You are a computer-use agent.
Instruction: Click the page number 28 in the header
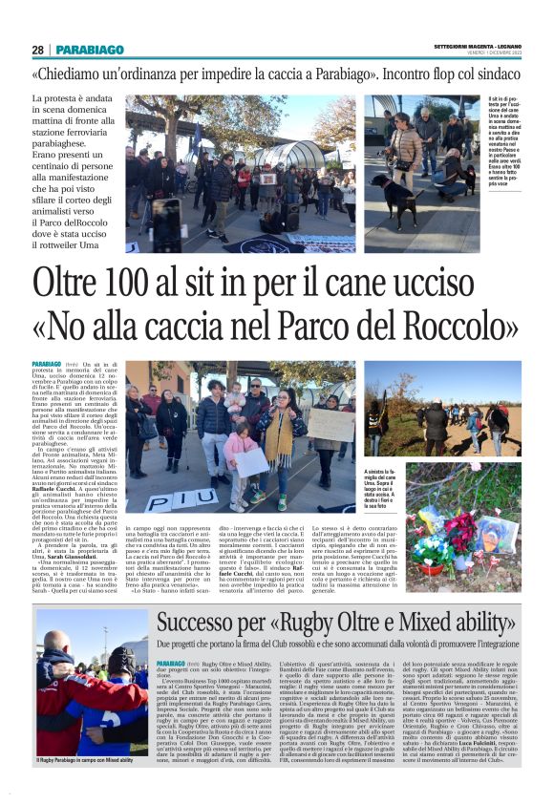[x=37, y=50]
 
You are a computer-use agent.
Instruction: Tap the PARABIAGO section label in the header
[x=90, y=50]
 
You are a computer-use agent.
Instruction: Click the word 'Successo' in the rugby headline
[x=208, y=624]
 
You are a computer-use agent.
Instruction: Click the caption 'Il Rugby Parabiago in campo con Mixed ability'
[x=85, y=761]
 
